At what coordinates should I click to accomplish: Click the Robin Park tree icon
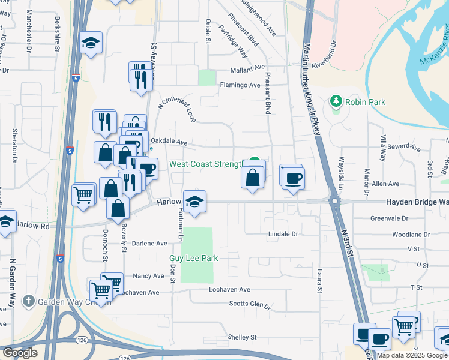pyautogui.click(x=336, y=101)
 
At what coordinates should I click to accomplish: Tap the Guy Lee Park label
pyautogui.click(x=193, y=258)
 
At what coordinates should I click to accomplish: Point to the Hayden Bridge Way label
pyautogui.click(x=417, y=203)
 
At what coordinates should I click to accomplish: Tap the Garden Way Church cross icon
pyautogui.click(x=28, y=301)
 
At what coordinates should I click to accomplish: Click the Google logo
pyautogui.click(x=20, y=353)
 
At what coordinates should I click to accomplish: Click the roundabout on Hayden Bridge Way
pyautogui.click(x=334, y=202)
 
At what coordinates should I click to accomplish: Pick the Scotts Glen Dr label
pyautogui.click(x=250, y=304)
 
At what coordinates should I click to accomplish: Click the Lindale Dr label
pyautogui.click(x=283, y=233)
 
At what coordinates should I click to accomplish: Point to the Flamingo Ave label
pyautogui.click(x=240, y=85)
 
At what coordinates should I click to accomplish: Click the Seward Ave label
pyautogui.click(x=405, y=146)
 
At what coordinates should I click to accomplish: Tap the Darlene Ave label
pyautogui.click(x=149, y=244)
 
